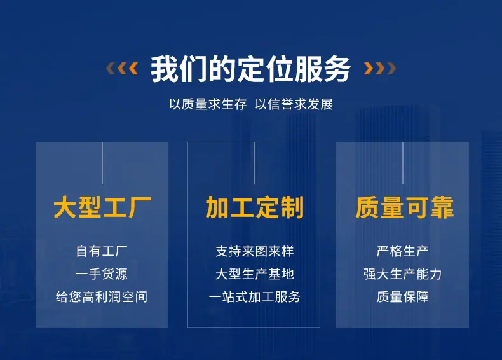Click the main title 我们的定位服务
coord(250,69)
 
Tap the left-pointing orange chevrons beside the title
coord(122,68)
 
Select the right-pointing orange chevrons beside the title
coord(380,68)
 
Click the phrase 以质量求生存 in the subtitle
coord(208,104)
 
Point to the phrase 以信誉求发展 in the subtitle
coord(294,104)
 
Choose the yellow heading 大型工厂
coord(102,207)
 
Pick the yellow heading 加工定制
coord(255,207)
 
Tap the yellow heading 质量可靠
coord(405,207)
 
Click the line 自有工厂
coord(102,251)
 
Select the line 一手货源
coord(102,274)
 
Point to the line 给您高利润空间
coord(102,297)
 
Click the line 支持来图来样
coord(255,251)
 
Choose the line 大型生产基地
coord(255,274)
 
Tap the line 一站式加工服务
coord(255,297)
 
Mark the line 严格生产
coord(402,251)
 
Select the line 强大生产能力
coord(402,274)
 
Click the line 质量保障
coord(402,297)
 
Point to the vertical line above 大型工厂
coord(102,163)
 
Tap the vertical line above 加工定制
coord(254,163)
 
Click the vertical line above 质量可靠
coord(403,163)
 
